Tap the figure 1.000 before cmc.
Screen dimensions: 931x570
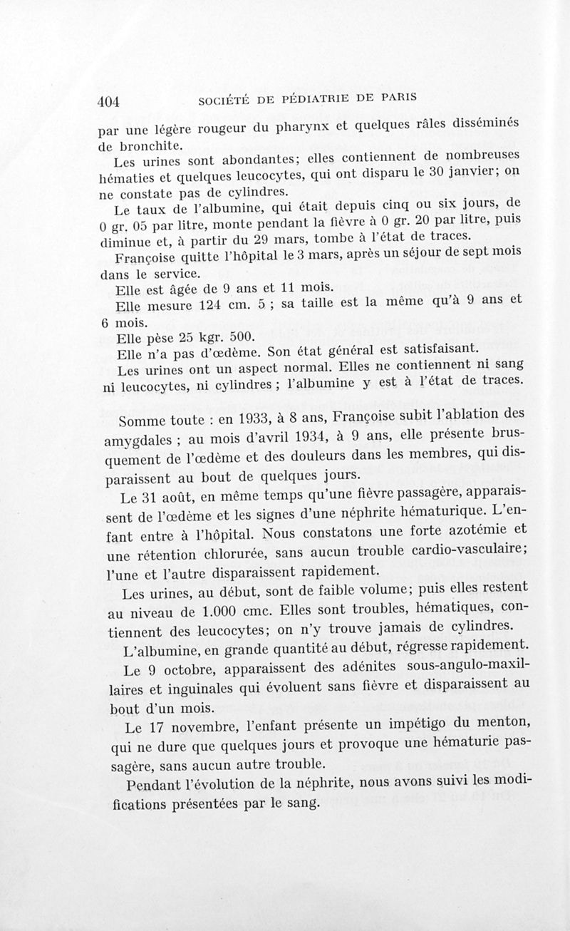[x=222, y=611]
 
